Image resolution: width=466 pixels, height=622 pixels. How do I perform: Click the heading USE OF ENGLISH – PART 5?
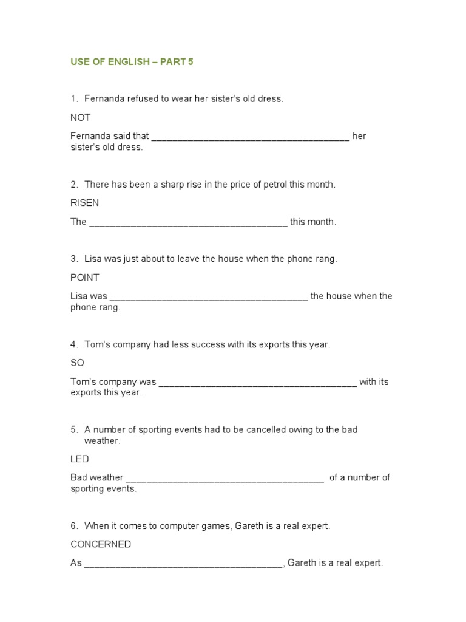pos(132,62)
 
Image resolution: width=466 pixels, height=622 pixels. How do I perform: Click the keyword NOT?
pos(80,117)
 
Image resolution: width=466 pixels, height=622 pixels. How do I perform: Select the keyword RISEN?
pos(84,203)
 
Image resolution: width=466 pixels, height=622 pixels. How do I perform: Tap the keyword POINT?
pos(84,278)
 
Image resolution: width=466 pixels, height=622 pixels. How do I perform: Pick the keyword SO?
pos(77,363)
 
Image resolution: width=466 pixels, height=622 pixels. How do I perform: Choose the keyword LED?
pos(79,459)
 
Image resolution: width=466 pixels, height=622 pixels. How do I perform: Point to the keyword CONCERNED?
pos(101,544)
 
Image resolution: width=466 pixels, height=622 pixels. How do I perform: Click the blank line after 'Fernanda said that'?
pos(250,137)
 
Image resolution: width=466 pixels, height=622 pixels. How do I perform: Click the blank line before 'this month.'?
pos(188,224)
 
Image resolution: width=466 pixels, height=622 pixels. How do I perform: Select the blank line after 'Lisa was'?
pos(209,298)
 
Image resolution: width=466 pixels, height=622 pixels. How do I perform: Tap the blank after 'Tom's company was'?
pos(257,384)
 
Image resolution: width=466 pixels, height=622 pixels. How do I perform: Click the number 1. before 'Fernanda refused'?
pos(74,98)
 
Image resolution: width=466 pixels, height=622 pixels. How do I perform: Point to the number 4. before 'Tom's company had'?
pos(74,344)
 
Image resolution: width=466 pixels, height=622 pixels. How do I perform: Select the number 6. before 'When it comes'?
pos(74,526)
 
